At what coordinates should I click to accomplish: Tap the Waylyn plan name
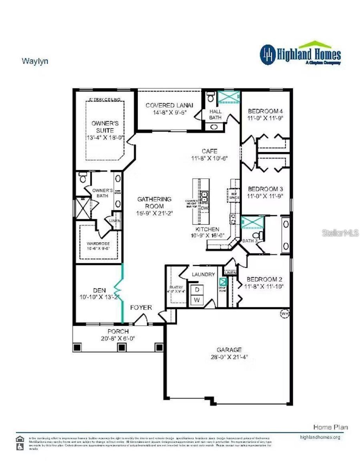[x=35, y=61]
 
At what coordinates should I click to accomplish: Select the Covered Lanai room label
[x=169, y=105]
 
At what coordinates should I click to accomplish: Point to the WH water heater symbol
[x=284, y=313]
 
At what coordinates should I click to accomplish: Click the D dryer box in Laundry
[x=197, y=290]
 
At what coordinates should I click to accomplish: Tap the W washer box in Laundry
[x=197, y=300]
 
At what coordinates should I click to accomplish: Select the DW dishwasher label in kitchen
[x=204, y=208]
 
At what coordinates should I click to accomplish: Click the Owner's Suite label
[x=105, y=127]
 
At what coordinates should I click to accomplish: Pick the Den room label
[x=99, y=290]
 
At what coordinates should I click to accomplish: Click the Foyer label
[x=141, y=307]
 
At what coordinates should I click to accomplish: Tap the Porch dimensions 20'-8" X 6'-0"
[x=118, y=339]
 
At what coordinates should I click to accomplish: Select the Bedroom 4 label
[x=265, y=111]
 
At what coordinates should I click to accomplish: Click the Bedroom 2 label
[x=264, y=279]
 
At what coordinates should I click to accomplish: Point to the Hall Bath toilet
[x=211, y=97]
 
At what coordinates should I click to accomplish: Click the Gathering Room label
[x=154, y=202]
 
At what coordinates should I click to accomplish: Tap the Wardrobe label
[x=98, y=243]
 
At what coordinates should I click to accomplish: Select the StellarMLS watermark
[x=340, y=232]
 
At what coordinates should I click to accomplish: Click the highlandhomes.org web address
[x=320, y=437]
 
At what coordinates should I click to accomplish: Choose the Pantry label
[x=176, y=287]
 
